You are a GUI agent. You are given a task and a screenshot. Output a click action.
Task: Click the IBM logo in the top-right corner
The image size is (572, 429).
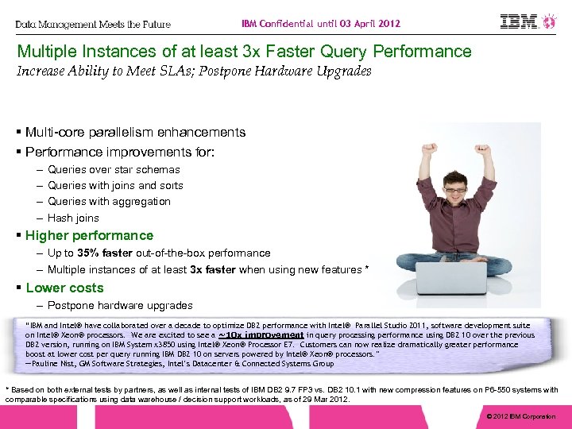coord(521,21)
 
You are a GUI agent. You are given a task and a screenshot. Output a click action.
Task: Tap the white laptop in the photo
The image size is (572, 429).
coord(451,278)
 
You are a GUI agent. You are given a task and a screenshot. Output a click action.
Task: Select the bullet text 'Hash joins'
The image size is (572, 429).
coord(73,218)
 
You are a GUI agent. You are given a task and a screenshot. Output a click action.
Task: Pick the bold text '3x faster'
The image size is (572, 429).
coord(212,269)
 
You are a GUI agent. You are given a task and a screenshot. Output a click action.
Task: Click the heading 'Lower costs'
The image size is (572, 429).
coord(64,288)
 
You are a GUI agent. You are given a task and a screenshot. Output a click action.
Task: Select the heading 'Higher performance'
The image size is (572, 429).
coord(89,235)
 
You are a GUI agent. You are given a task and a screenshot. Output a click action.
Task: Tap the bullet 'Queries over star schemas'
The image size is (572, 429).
coord(114,169)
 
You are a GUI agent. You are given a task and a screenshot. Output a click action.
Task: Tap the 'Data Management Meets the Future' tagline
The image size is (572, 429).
coord(93,25)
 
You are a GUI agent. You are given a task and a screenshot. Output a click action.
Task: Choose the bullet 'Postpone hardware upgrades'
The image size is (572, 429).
coord(119,305)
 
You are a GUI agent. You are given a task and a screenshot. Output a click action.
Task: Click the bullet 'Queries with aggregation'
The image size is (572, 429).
coord(109,202)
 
